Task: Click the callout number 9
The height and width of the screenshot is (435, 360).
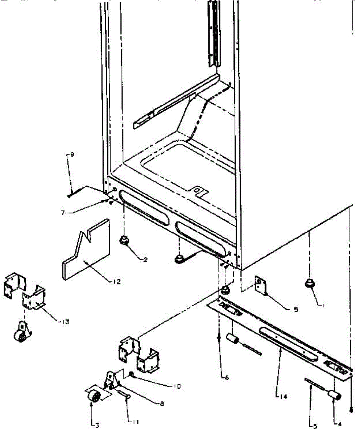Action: click(72, 155)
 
